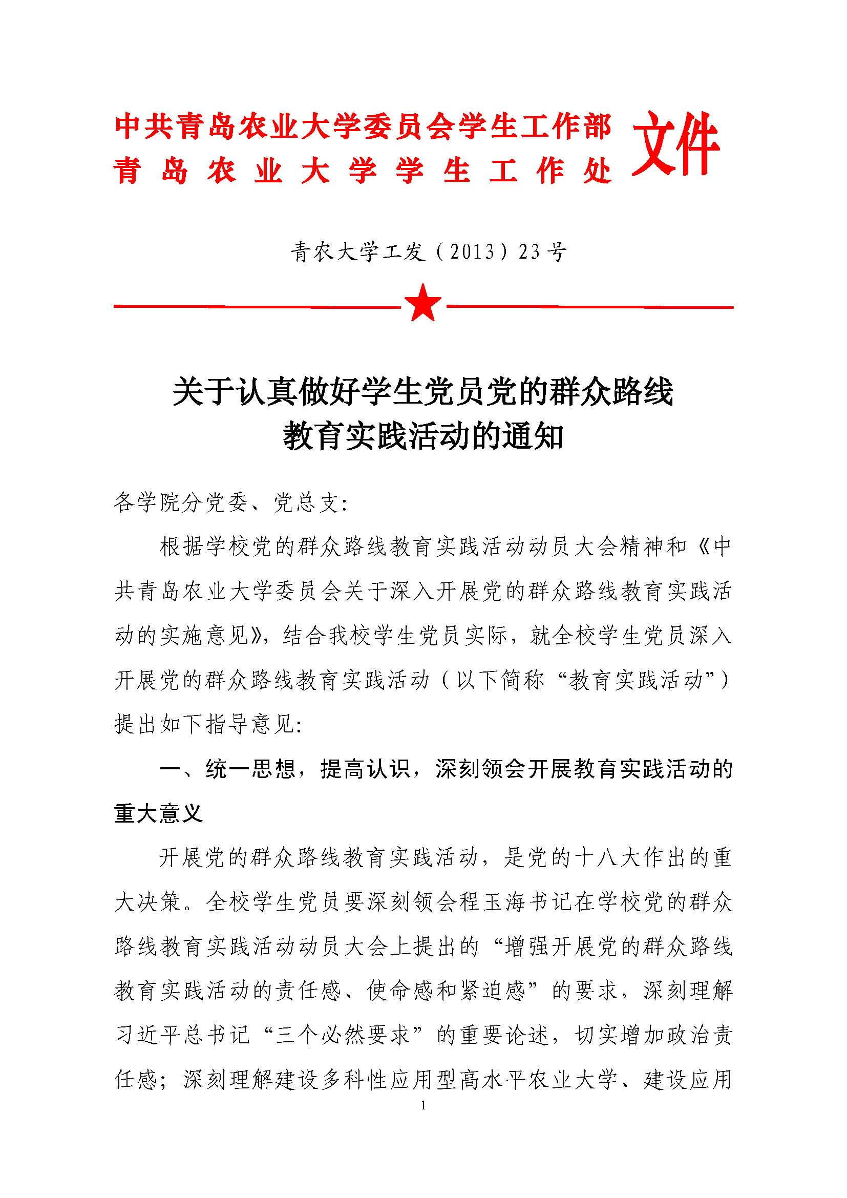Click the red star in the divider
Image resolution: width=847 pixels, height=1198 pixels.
423,303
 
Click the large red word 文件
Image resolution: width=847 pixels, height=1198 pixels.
675,144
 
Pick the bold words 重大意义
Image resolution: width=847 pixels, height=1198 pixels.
158,813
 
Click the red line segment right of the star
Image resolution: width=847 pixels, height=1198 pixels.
589,307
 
